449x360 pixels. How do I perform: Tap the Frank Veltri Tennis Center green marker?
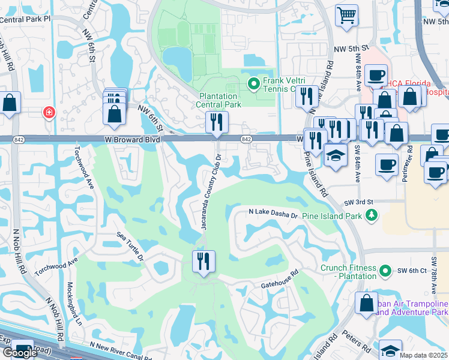coord(253,83)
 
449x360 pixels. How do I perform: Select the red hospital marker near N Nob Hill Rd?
coord(48,112)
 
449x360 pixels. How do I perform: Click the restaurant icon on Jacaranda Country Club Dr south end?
coord(203,262)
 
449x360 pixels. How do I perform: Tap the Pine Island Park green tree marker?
coord(372,215)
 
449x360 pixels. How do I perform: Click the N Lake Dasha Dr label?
coord(273,214)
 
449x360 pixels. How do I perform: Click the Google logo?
coord(19,353)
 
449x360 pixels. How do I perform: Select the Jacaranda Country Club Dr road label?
coord(210,191)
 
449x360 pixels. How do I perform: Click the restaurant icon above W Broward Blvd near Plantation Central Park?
coord(216,122)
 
